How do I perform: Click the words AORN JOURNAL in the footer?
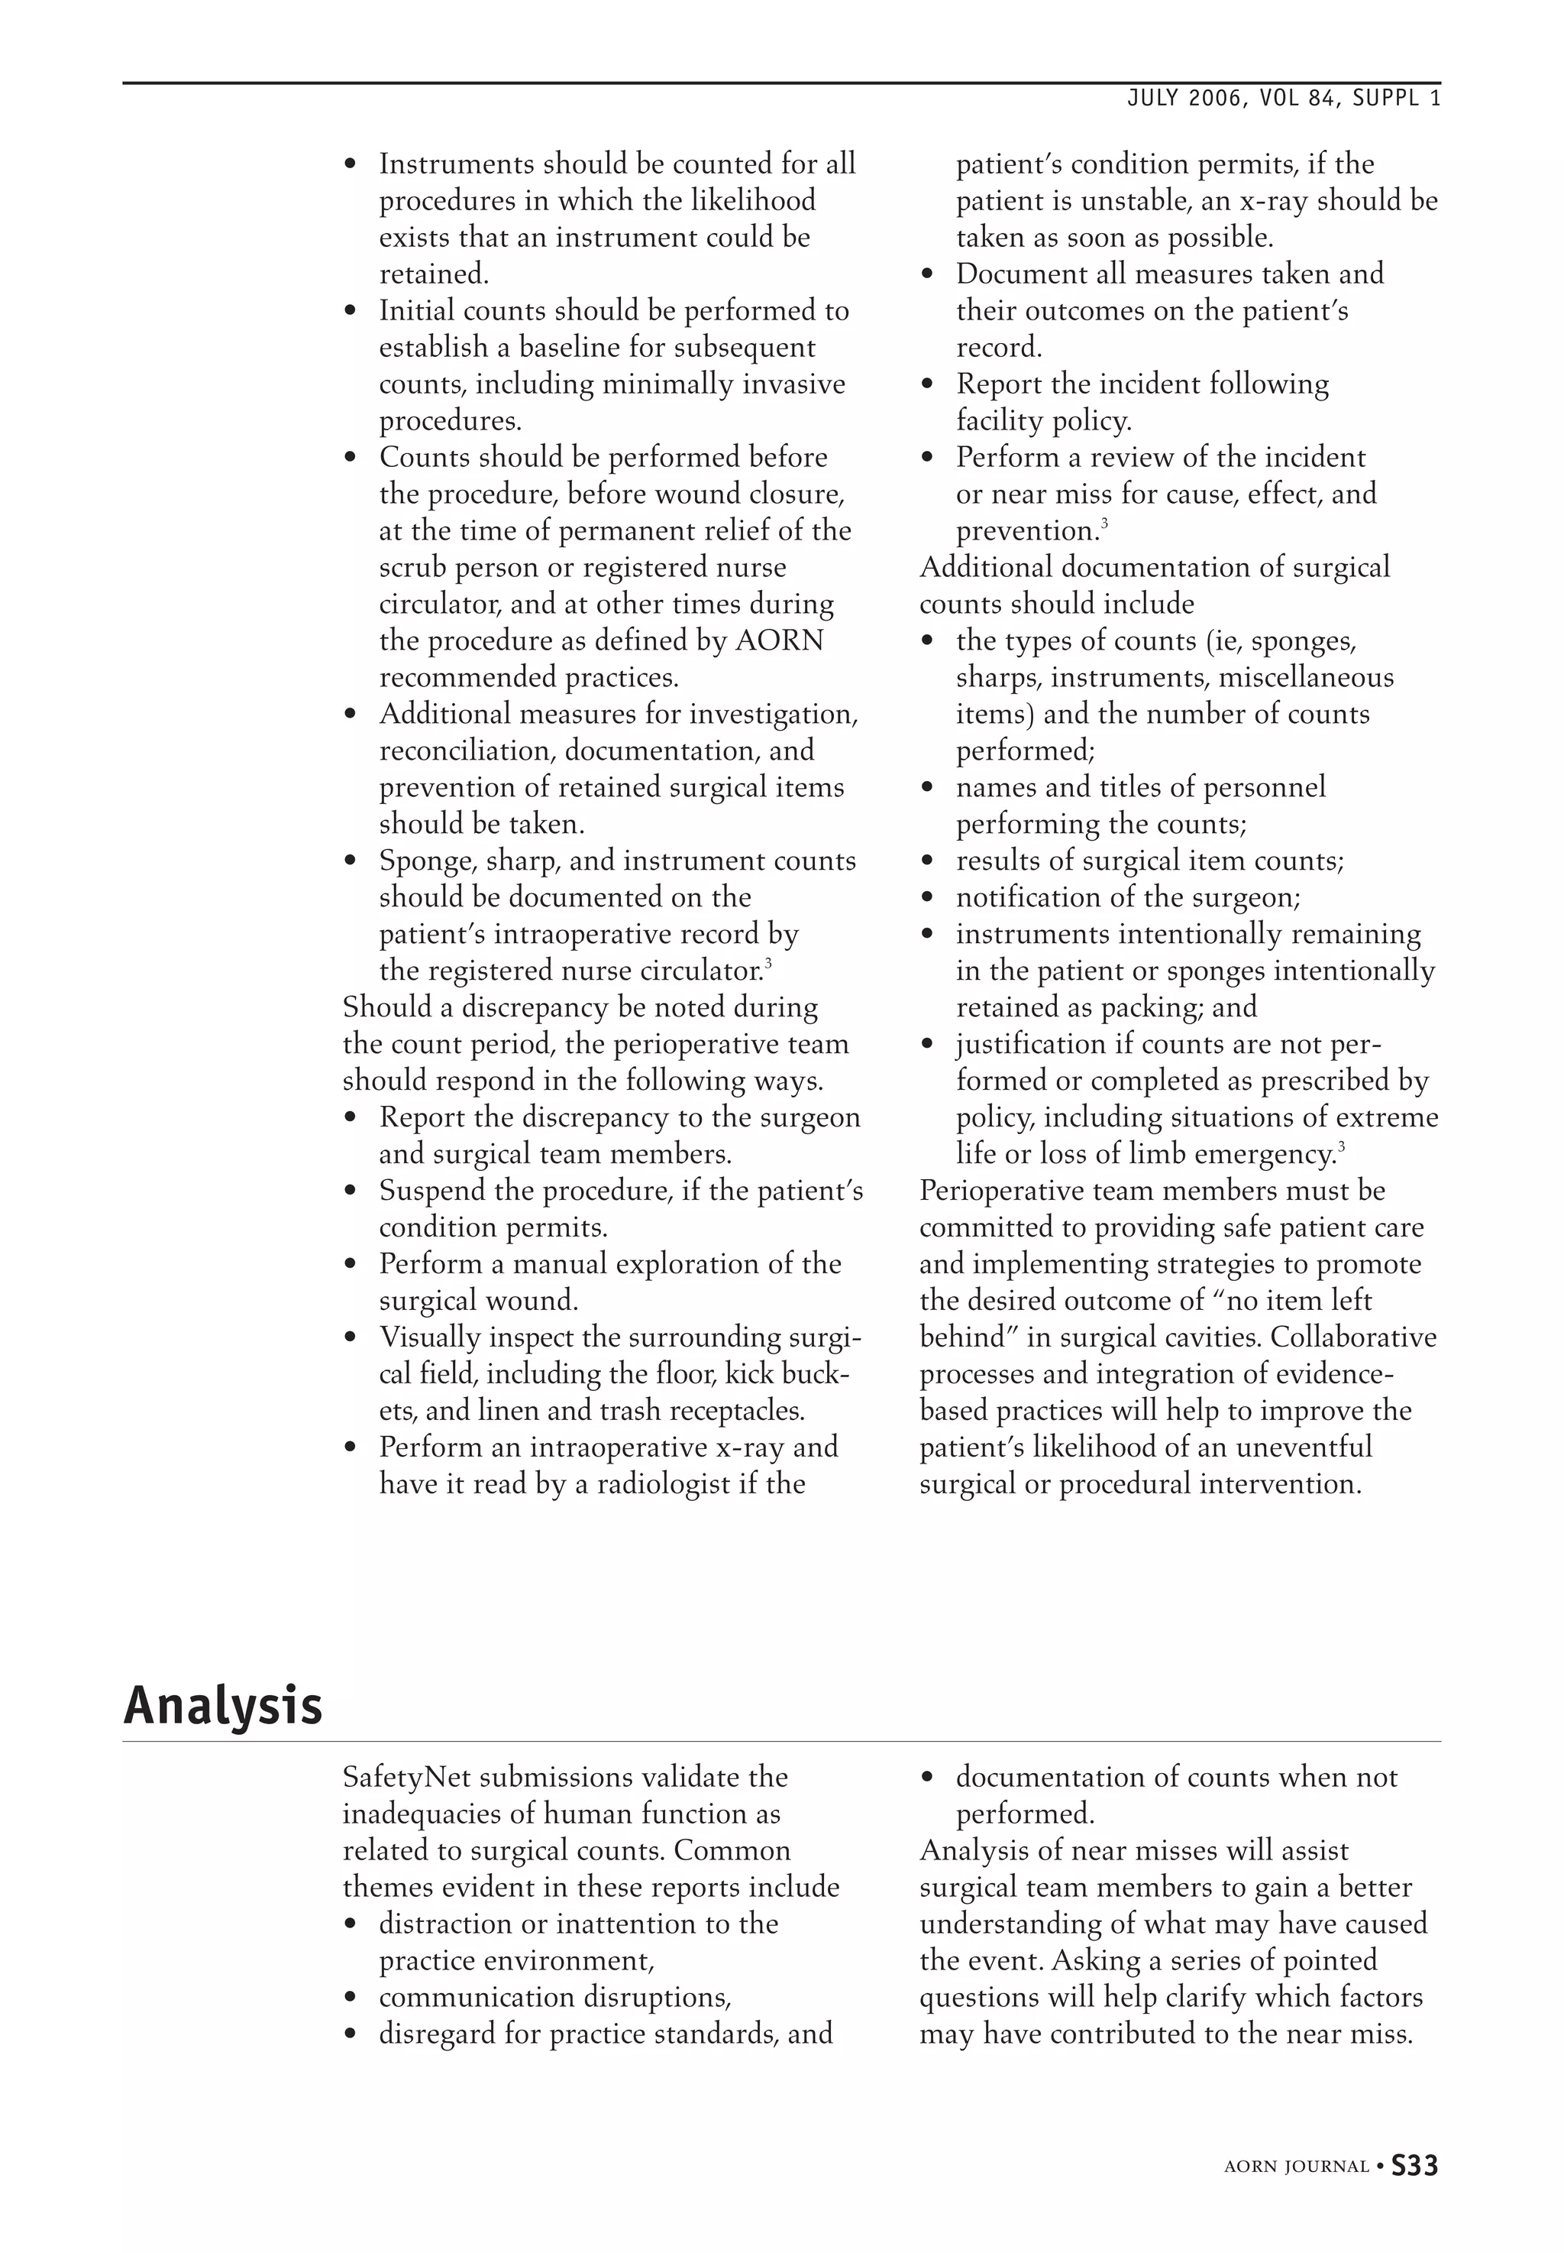pos(1295,2167)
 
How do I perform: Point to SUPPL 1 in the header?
pos(1397,99)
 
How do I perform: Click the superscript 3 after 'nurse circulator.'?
pos(768,966)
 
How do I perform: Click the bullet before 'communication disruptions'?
pos(350,1998)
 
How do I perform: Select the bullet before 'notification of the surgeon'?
pos(927,898)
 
